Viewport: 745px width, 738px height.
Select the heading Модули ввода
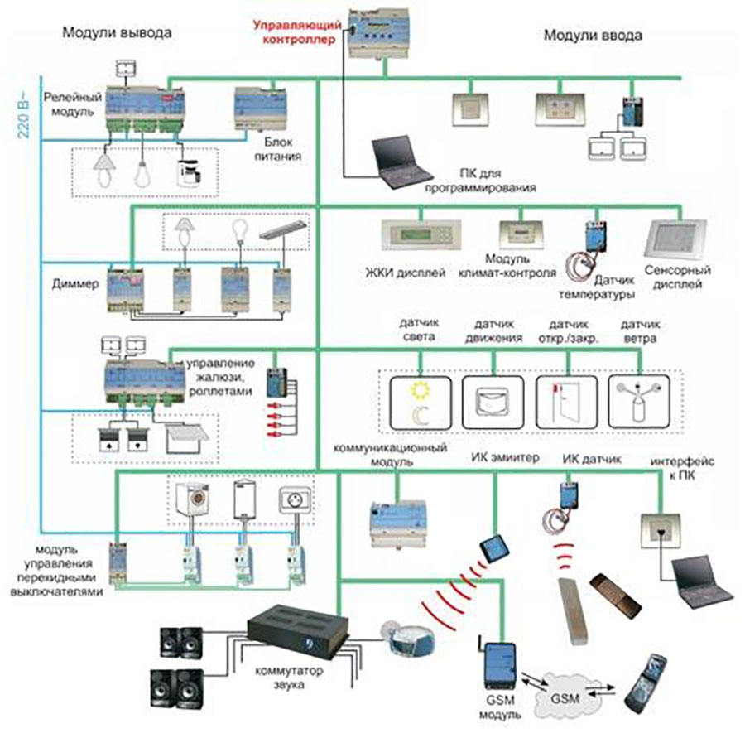pos(593,36)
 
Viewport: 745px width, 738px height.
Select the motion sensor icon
pos(494,402)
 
